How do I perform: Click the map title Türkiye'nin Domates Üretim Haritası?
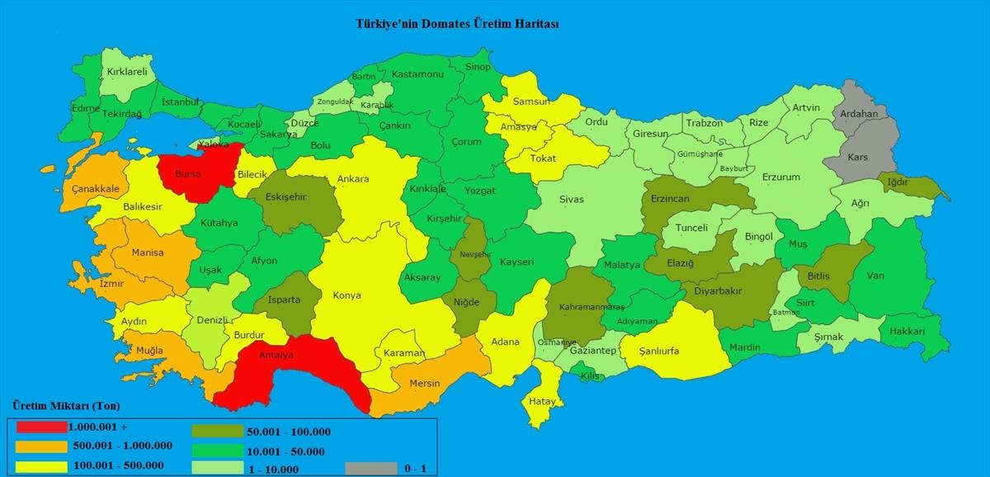pyautogui.click(x=456, y=24)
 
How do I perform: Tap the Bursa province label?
pyautogui.click(x=187, y=175)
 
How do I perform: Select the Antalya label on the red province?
pyautogui.click(x=277, y=356)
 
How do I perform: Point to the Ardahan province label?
pyautogui.click(x=860, y=113)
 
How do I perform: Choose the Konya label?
pyautogui.click(x=346, y=295)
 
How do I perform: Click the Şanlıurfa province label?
pyautogui.click(x=659, y=351)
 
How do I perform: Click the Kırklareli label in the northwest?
pyautogui.click(x=127, y=72)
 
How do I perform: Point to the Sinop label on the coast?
pyautogui.click(x=478, y=67)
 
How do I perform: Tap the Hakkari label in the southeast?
pyautogui.click(x=907, y=331)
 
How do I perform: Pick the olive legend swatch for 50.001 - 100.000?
pyautogui.click(x=217, y=431)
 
